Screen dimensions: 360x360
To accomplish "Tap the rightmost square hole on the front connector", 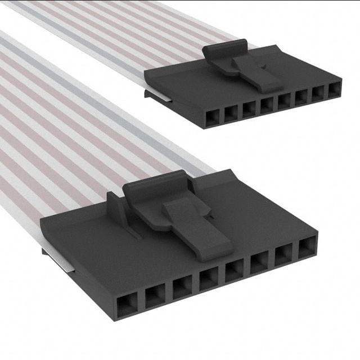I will click(x=308, y=248).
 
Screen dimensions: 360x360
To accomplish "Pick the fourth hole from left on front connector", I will click(x=209, y=278).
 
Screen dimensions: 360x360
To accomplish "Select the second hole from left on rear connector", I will click(x=231, y=113).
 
